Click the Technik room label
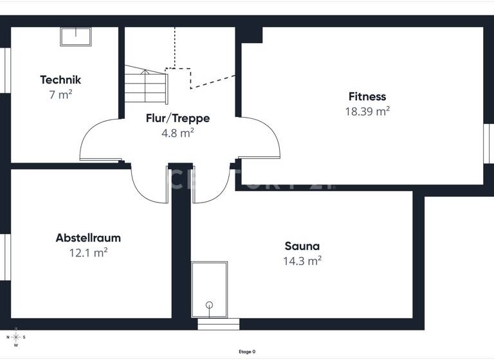tap(60, 80)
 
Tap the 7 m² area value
tap(60, 95)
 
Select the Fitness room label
tap(367, 97)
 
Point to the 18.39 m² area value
tap(367, 111)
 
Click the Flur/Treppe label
tap(178, 118)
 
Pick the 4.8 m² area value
tap(178, 133)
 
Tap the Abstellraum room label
tap(88, 238)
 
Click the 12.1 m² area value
tap(88, 253)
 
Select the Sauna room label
tap(302, 246)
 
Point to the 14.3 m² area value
tap(302, 261)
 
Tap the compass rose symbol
tap(17, 337)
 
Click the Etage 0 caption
tap(247, 352)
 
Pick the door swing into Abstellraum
tap(149, 183)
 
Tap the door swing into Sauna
tap(212, 184)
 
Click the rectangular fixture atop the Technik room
tap(76, 36)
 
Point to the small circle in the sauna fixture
tap(209, 305)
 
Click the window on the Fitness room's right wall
tap(487, 143)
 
